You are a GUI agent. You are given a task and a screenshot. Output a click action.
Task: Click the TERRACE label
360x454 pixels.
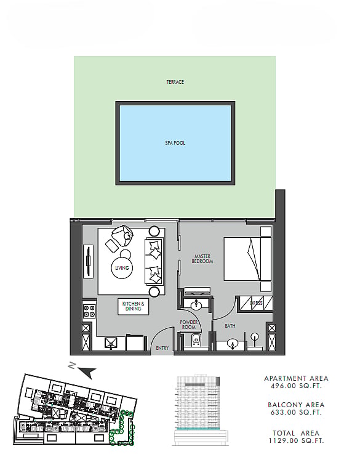click(175, 82)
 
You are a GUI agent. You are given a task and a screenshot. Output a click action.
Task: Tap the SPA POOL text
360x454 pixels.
click(175, 143)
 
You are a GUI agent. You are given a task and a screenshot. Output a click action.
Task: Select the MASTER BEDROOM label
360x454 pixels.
click(202, 259)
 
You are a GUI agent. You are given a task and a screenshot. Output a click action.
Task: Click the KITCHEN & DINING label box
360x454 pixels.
click(134, 306)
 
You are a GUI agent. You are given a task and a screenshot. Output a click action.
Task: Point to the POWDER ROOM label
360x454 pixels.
click(188, 325)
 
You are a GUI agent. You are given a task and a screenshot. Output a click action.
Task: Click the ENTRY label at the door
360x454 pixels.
click(162, 348)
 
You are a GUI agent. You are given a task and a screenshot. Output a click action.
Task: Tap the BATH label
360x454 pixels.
click(230, 326)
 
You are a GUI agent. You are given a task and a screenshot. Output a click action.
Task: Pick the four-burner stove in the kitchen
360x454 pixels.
click(89, 311)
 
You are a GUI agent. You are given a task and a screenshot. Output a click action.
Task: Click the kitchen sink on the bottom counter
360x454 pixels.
click(111, 343)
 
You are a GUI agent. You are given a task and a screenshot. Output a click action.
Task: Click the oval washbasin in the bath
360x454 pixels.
click(232, 344)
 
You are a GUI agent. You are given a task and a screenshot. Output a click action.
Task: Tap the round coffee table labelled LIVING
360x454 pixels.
click(122, 268)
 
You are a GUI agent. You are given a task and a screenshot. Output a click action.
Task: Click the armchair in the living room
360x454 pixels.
click(123, 235)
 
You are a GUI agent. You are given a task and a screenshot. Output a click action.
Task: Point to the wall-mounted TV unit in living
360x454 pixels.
click(88, 261)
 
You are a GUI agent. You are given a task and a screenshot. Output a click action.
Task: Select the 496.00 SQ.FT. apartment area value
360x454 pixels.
click(296, 386)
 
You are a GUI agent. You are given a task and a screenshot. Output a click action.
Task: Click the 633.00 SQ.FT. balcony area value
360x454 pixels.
click(296, 412)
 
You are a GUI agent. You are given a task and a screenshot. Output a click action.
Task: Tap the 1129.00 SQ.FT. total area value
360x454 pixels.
click(296, 440)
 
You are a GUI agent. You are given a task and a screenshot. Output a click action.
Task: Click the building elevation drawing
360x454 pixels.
click(201, 410)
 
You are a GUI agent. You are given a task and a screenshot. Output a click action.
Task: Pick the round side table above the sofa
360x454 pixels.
click(154, 231)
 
